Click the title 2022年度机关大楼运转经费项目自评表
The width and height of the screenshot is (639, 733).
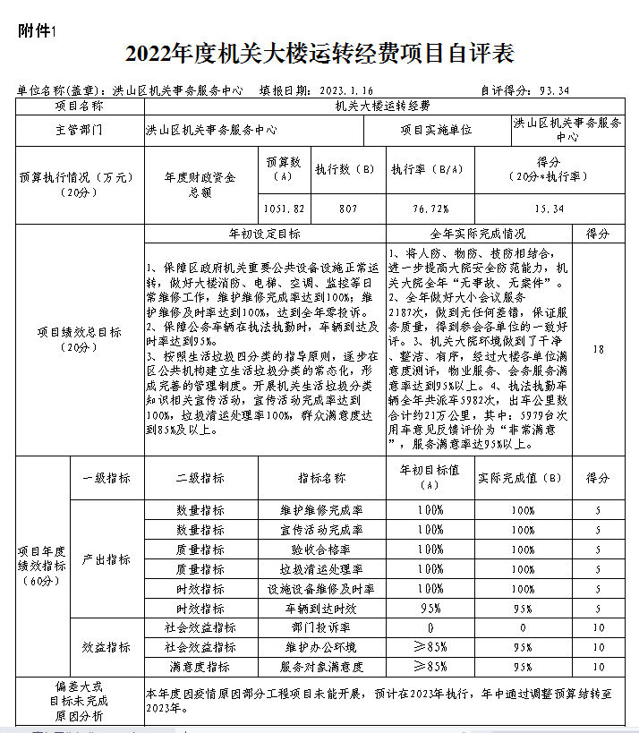[319, 54]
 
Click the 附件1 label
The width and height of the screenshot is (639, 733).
[37, 30]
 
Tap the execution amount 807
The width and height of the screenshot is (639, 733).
[347, 209]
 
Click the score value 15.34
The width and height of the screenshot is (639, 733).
[549, 209]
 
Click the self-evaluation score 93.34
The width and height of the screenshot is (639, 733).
[550, 90]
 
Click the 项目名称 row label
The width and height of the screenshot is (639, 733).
[80, 106]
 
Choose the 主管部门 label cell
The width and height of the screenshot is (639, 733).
[80, 131]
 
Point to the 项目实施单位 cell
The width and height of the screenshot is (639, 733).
[436, 131]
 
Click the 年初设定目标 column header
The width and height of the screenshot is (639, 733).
[264, 234]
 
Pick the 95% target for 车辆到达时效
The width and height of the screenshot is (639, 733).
[430, 609]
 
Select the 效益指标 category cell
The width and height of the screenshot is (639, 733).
[106, 647]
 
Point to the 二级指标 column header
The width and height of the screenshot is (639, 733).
[200, 479]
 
